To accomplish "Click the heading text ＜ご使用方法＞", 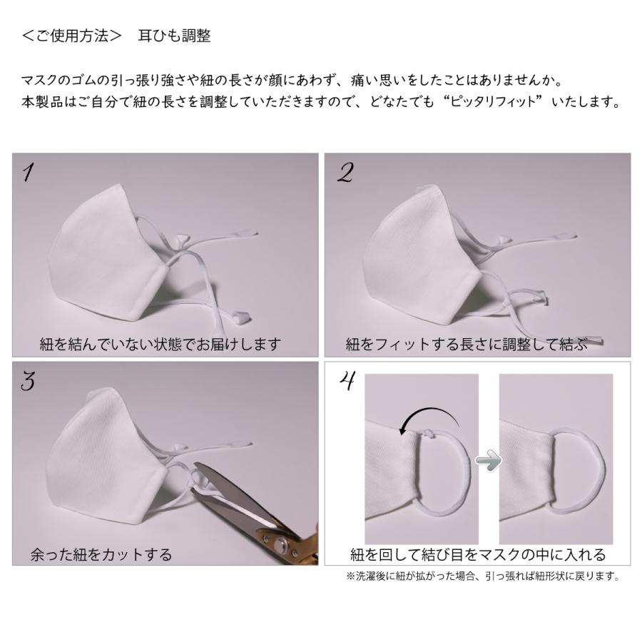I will pyautogui.click(x=71, y=36).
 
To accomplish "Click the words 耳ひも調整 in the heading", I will pyautogui.click(x=174, y=36).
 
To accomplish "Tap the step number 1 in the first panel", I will pyautogui.click(x=29, y=173).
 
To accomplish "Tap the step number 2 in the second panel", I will pyautogui.click(x=345, y=173).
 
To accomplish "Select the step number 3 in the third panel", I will pyautogui.click(x=29, y=382).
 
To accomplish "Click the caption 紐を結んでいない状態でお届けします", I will pyautogui.click(x=160, y=345).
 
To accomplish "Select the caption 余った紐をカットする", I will pyautogui.click(x=101, y=554).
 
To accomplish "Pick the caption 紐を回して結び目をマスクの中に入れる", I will pyautogui.click(x=477, y=554).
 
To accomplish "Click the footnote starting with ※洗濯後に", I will pyautogui.click(x=481, y=576).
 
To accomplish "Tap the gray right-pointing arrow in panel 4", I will pyautogui.click(x=488, y=462).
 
